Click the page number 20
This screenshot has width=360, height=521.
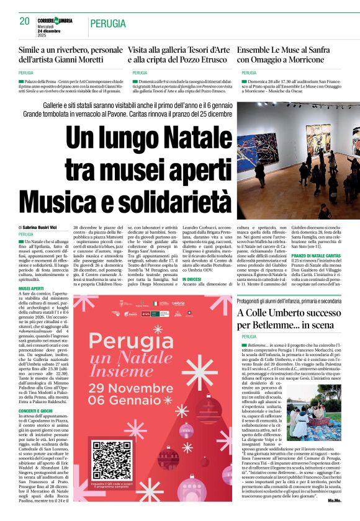25,21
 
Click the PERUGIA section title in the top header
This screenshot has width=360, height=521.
109,24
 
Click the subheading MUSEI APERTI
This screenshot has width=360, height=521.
31,289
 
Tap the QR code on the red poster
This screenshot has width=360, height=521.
112,460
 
